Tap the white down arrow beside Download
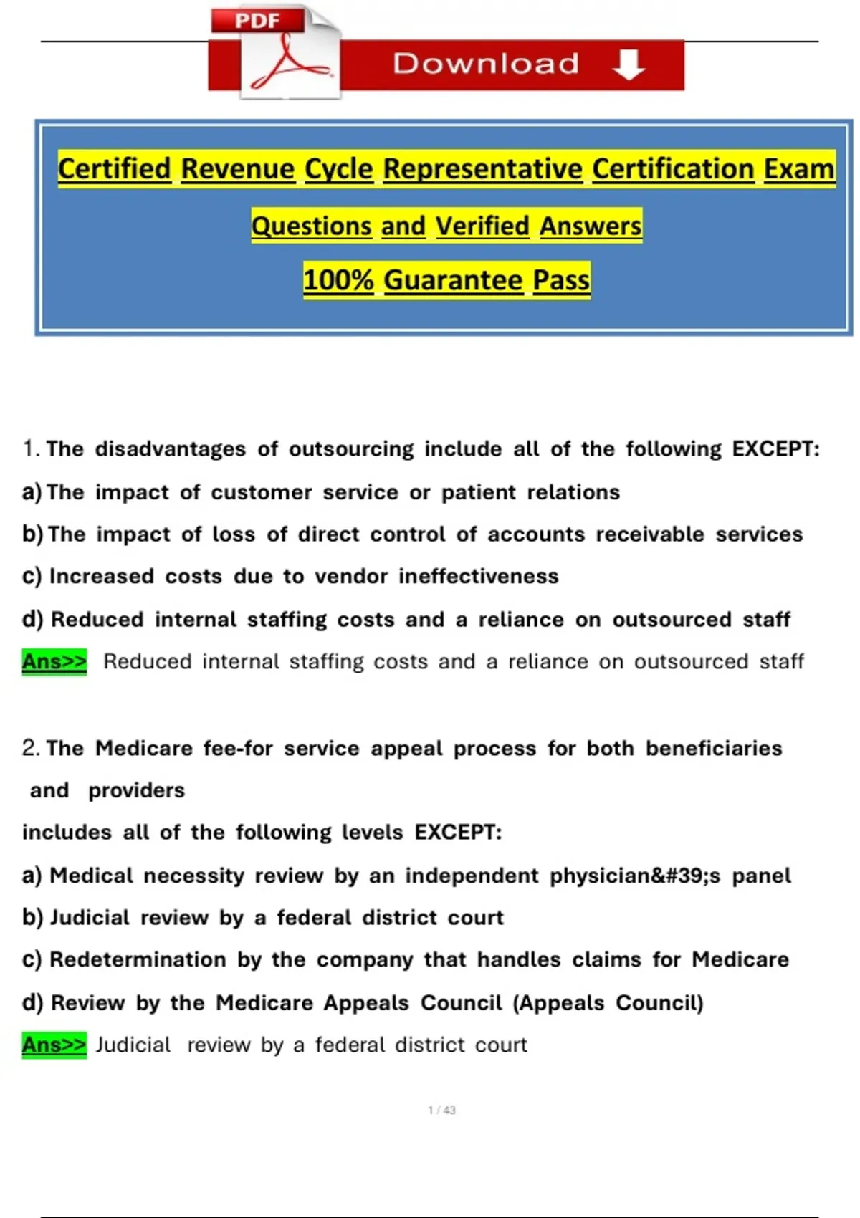pos(629,64)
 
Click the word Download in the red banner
pos(486,64)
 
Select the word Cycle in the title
pos(338,169)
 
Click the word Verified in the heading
pos(482,226)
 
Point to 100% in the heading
pos(338,279)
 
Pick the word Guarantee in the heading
pos(453,279)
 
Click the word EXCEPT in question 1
pos(775,449)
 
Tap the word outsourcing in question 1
pos(351,449)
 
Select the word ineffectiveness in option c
pos(478,576)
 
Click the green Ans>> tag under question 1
pos(54,661)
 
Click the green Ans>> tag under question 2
pos(54,1045)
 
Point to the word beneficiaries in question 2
pos(714,748)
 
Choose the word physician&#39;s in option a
pos(635,876)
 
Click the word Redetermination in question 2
pos(138,959)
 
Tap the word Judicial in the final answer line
pos(133,1045)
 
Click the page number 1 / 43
pos(441,1110)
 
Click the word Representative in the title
pos(482,169)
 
